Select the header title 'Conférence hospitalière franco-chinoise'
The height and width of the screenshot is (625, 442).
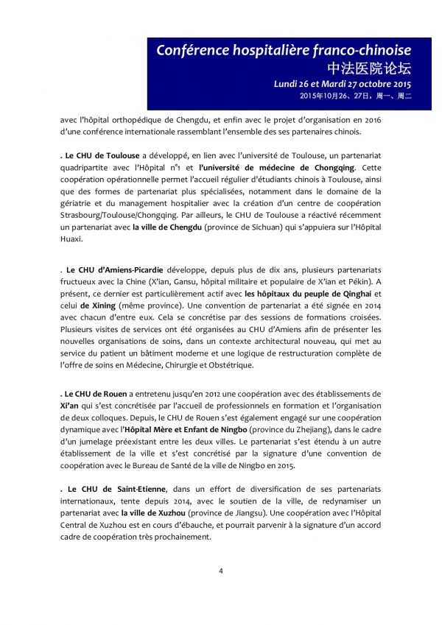[284, 50]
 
